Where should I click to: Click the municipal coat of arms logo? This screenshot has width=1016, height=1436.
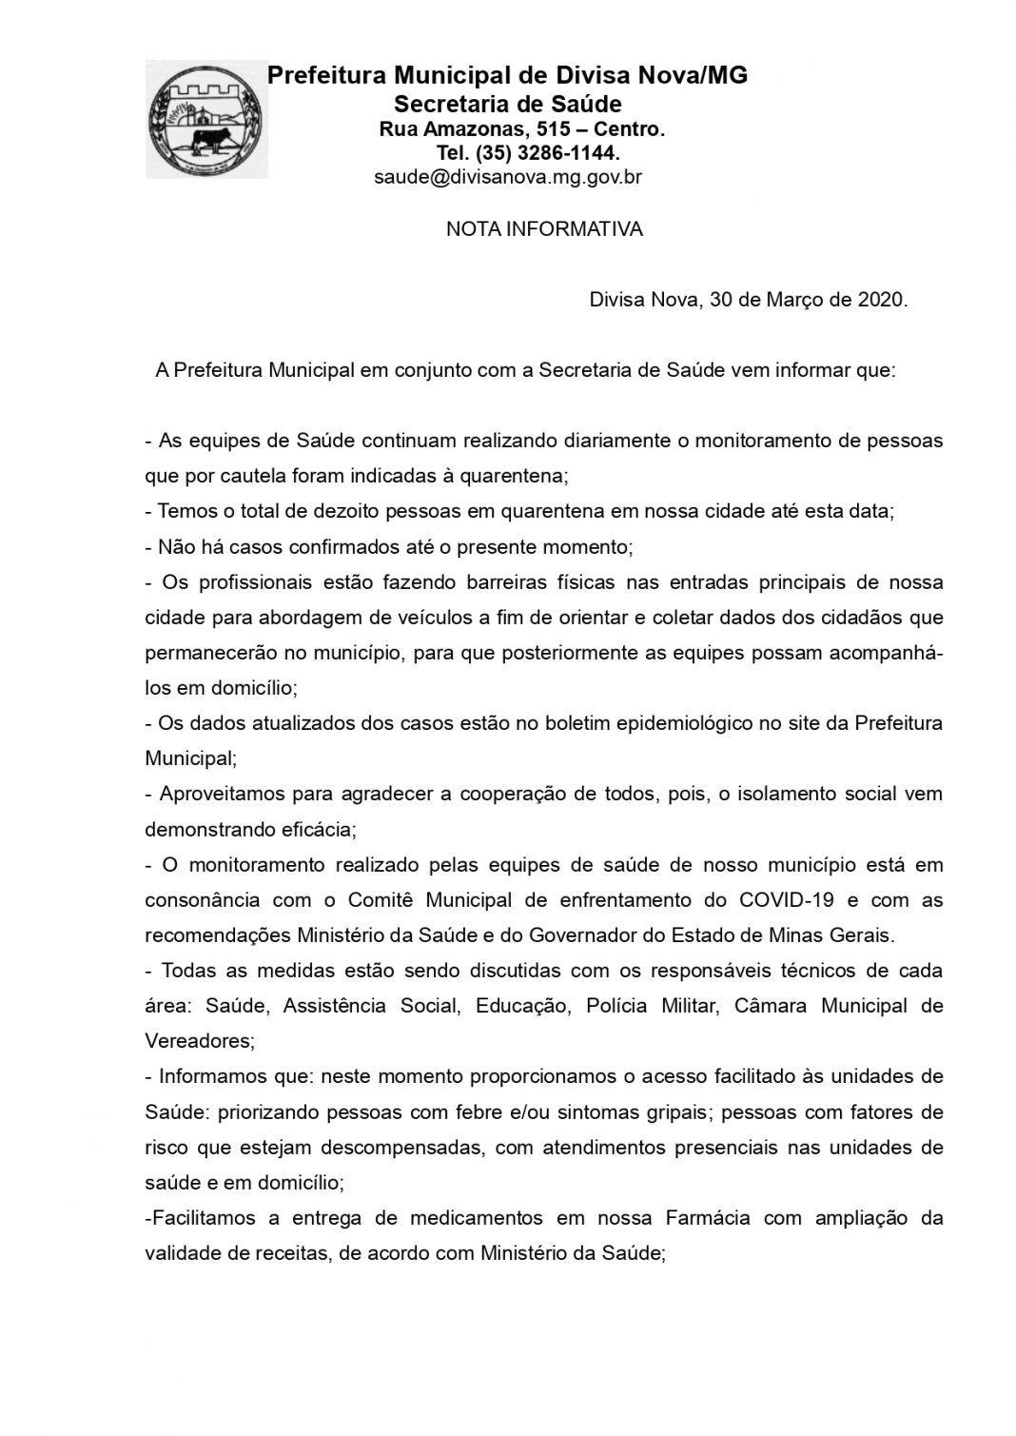point(206,119)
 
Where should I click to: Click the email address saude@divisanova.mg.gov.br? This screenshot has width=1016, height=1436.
point(508,177)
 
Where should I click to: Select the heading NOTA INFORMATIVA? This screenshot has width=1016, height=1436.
point(544,229)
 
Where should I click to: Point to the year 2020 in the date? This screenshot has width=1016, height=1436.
point(880,301)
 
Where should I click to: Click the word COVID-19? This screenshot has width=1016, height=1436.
point(783,899)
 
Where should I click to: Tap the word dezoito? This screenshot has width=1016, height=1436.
point(328,511)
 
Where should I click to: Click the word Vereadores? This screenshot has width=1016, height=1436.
point(200,1041)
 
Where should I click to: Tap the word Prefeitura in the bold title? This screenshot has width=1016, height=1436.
point(326,75)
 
